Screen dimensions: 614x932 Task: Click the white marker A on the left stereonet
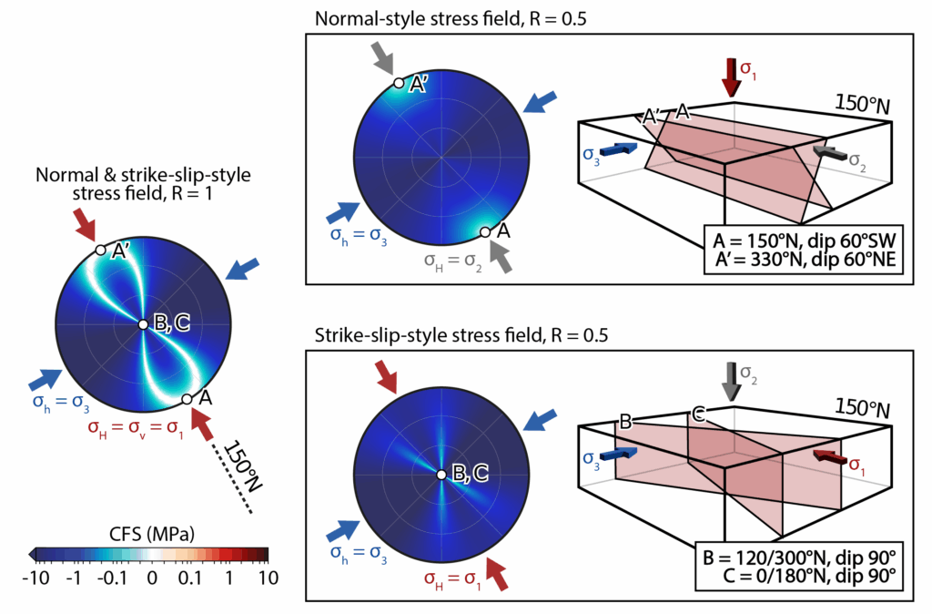[187, 399]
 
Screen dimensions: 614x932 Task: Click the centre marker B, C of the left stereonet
[143, 324]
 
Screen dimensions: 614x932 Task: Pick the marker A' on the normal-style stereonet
[398, 83]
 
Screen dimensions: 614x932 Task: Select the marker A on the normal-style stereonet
[485, 231]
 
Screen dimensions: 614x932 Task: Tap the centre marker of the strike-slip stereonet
[441, 474]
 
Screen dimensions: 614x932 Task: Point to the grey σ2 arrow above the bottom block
[730, 380]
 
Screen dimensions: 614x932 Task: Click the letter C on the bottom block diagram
[698, 415]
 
